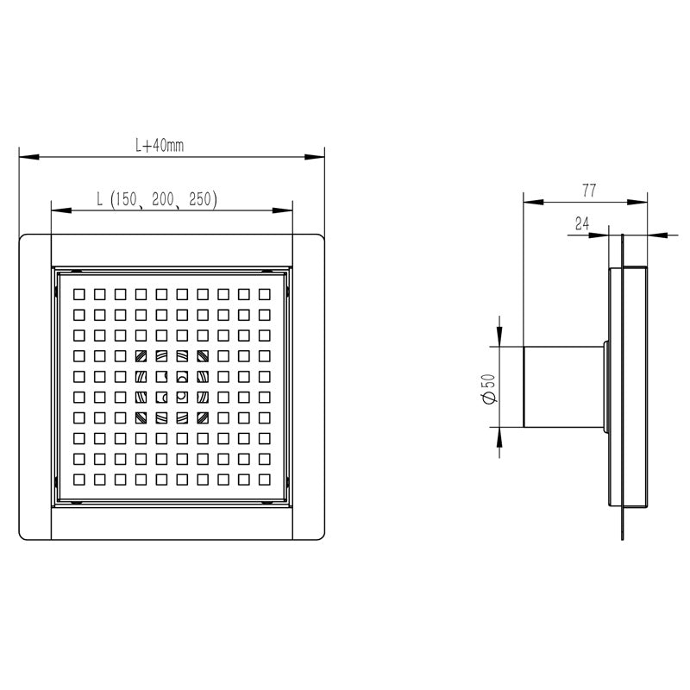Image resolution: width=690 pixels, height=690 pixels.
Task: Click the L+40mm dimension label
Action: click(x=160, y=145)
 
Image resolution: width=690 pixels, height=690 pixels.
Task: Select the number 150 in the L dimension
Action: click(x=123, y=199)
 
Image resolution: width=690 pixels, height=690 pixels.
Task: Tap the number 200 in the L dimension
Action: click(x=163, y=199)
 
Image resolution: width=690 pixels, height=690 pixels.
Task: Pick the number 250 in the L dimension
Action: click(x=200, y=199)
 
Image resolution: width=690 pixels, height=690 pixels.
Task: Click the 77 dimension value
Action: click(x=589, y=191)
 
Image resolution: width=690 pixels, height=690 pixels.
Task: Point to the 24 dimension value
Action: click(x=582, y=224)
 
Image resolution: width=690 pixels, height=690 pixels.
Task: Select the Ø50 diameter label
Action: click(x=489, y=389)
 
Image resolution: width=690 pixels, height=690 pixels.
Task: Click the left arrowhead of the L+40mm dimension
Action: click(x=29, y=157)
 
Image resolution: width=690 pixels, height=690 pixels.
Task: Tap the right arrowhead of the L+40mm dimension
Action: click(x=314, y=157)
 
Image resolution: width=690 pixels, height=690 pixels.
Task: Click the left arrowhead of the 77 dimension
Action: click(x=533, y=202)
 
